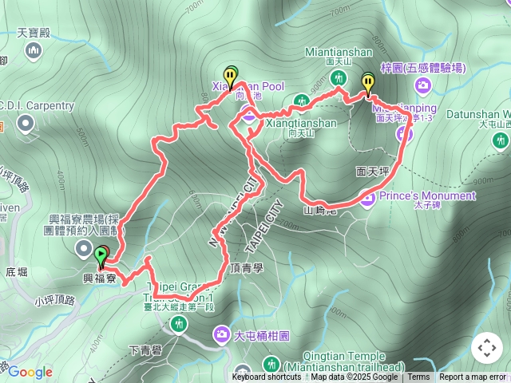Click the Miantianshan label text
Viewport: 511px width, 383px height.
point(339,52)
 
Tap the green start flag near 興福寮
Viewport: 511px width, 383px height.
point(101,257)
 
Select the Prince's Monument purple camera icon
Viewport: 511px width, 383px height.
point(367,196)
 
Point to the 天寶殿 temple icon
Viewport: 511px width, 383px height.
point(34,52)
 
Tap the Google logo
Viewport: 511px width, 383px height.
point(30,372)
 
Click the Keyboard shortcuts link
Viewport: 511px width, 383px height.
point(267,377)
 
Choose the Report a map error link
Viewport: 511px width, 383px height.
point(473,377)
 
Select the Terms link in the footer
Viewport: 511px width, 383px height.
point(418,377)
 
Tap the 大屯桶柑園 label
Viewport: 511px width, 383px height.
point(264,337)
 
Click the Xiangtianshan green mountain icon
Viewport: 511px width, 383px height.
point(301,101)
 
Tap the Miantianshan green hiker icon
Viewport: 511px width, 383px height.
point(339,78)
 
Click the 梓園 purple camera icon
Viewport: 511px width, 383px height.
point(389,69)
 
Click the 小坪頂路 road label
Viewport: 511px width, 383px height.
point(54,301)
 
